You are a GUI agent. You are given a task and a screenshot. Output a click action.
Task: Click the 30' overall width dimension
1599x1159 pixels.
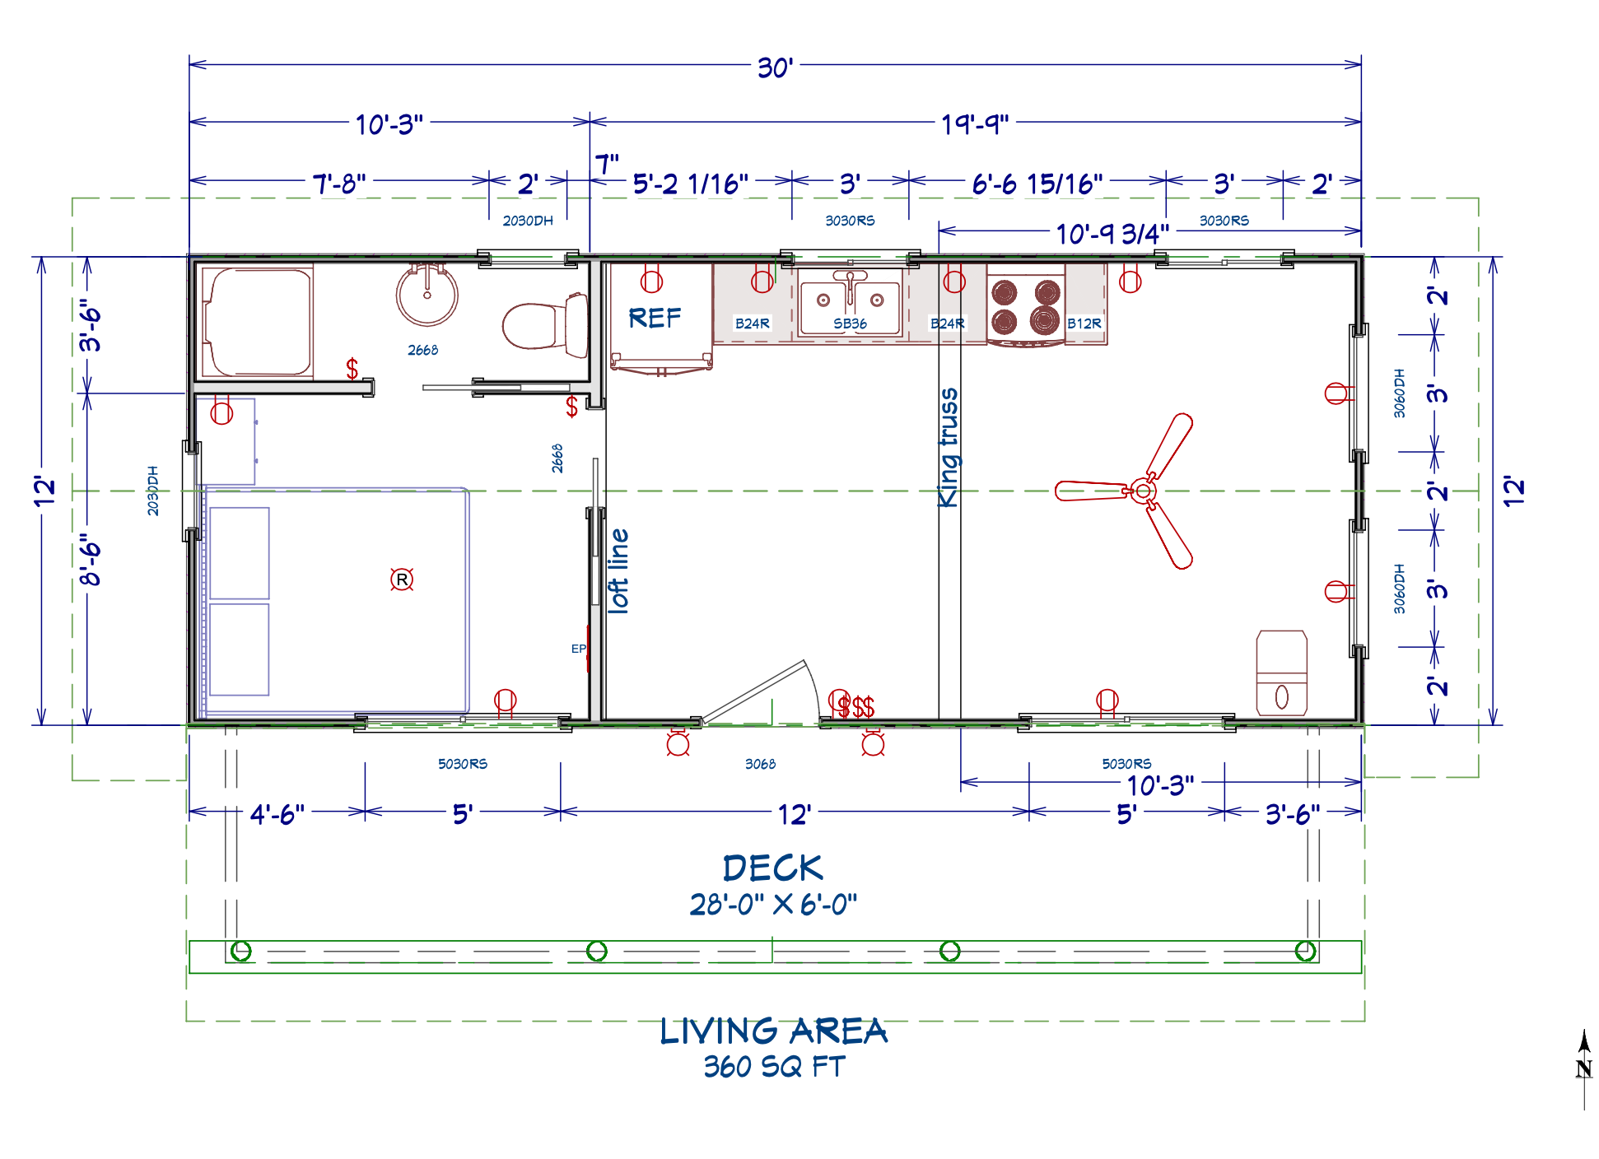click(x=775, y=67)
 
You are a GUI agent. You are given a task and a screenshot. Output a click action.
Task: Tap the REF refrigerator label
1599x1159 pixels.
click(x=655, y=318)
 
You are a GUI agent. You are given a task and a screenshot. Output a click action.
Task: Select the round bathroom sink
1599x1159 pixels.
click(x=427, y=294)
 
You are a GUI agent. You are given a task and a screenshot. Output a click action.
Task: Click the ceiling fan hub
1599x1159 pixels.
click(x=1142, y=491)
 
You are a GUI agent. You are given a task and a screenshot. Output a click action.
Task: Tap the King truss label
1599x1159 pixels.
click(x=949, y=448)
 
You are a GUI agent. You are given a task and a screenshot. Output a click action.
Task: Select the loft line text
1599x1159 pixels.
click(x=618, y=570)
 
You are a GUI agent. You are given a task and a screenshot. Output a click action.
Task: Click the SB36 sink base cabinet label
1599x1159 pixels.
click(x=850, y=323)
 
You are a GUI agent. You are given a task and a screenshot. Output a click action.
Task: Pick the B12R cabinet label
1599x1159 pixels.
click(x=1084, y=323)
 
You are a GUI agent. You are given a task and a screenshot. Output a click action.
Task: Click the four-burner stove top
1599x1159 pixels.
click(x=1026, y=307)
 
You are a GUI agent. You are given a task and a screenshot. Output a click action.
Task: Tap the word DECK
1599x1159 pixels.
click(x=772, y=868)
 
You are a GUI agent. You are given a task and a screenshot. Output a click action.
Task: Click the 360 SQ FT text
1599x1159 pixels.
click(x=774, y=1067)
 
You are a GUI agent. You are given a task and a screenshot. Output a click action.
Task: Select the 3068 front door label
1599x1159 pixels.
click(x=760, y=764)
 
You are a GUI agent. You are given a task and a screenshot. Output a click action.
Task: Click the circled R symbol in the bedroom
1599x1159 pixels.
click(x=402, y=579)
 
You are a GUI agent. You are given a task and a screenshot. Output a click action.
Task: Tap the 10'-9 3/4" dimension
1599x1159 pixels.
click(x=1112, y=235)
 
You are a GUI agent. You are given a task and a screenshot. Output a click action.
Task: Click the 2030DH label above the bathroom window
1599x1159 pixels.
click(x=528, y=221)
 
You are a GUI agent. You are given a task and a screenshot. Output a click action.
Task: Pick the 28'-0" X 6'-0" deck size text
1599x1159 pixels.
click(x=773, y=905)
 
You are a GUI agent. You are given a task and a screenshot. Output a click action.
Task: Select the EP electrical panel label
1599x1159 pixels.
click(x=579, y=649)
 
